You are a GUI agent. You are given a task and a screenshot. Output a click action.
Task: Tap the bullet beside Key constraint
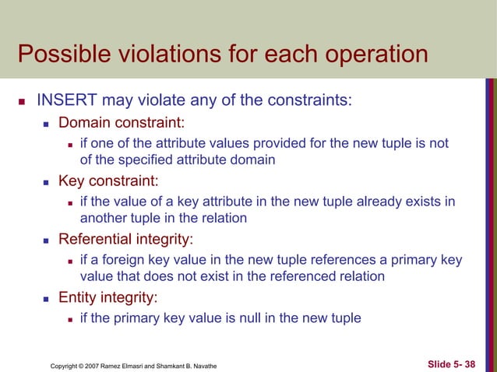click(47, 181)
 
